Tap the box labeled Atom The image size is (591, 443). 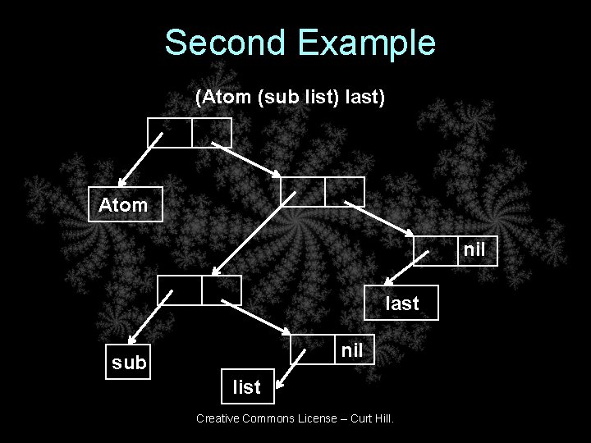pyautogui.click(x=125, y=205)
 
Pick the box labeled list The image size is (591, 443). pyautogui.click(x=246, y=386)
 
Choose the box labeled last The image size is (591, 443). pyautogui.click(x=402, y=303)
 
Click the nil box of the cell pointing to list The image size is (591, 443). pyautogui.click(x=352, y=350)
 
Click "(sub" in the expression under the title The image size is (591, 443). pyautogui.click(x=273, y=98)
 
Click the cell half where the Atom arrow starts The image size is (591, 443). pyautogui.click(x=169, y=132)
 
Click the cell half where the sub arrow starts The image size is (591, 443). pyautogui.click(x=179, y=289)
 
